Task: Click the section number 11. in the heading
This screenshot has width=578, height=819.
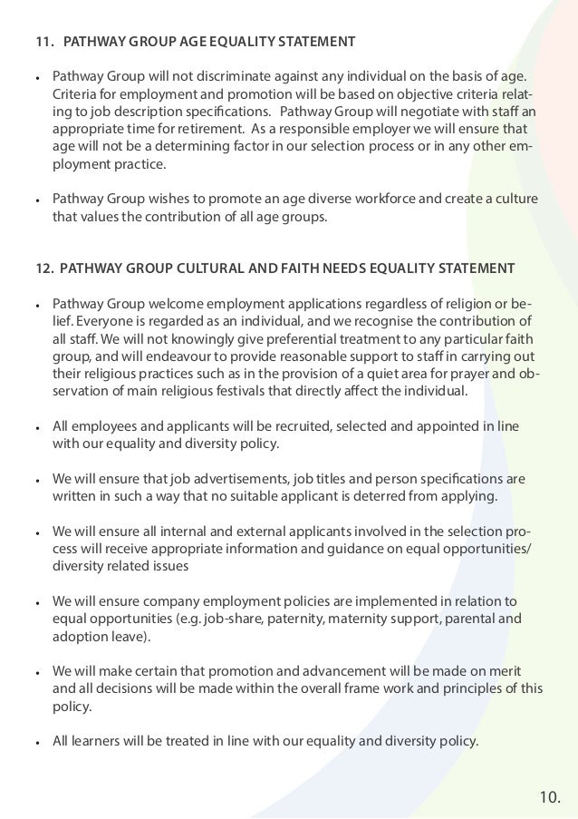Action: click(x=43, y=42)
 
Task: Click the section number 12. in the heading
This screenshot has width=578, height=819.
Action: click(x=43, y=268)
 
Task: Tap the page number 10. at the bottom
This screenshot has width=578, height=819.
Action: click(x=550, y=797)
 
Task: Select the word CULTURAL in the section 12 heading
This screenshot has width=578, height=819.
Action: click(x=236, y=268)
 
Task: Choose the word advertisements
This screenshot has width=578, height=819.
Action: click(x=210, y=478)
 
